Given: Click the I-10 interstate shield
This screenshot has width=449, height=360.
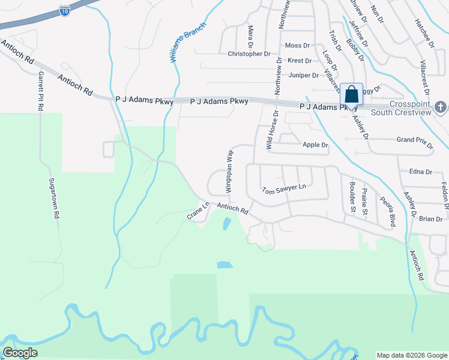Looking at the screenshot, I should [64, 10].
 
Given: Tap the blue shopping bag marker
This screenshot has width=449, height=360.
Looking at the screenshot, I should [351, 95].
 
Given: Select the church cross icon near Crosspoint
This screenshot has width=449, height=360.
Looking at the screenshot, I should [440, 107].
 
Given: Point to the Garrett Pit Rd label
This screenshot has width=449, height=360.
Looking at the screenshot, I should [41, 90].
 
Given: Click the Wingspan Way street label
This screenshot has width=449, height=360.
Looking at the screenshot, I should [229, 171].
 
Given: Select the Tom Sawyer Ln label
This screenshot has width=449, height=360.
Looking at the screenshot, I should [284, 190].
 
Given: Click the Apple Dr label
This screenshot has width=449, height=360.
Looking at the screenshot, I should [315, 145].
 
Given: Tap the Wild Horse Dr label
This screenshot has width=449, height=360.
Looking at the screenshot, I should [272, 130].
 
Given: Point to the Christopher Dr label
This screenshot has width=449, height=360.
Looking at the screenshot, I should [249, 54].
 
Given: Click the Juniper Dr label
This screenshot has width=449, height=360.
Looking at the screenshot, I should [303, 75].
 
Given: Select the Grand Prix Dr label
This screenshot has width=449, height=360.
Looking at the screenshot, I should [415, 139].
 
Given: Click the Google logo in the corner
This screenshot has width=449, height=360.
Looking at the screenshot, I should [20, 353].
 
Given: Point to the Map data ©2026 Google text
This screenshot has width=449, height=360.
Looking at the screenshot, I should [411, 355].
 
